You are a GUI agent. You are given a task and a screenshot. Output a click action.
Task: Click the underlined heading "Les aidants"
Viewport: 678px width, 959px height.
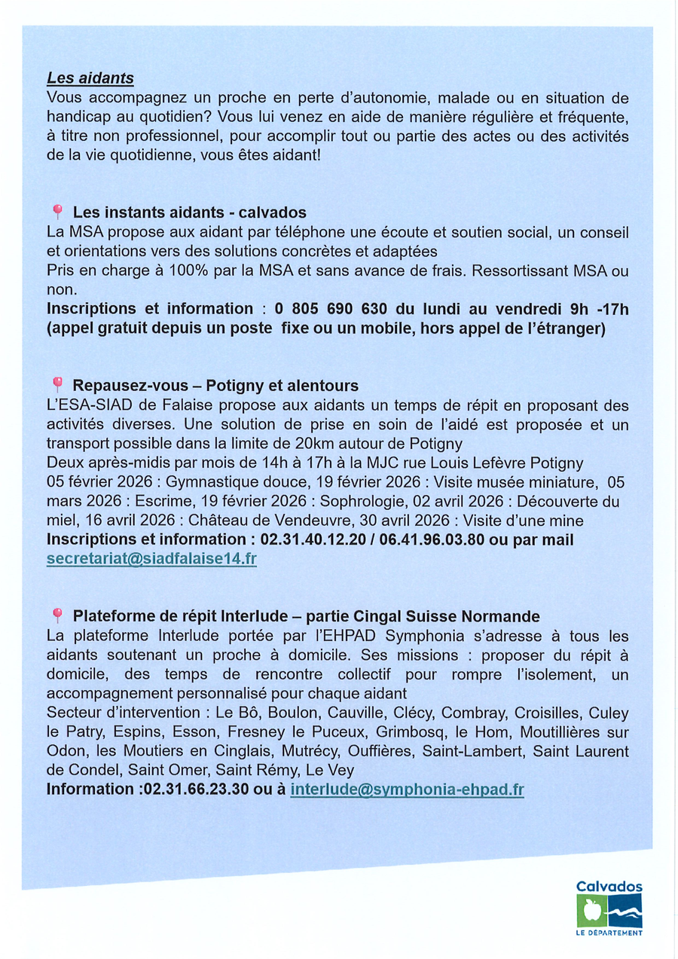click(x=90, y=78)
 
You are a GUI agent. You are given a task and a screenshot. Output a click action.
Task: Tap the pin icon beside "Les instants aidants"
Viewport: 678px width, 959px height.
click(x=57, y=212)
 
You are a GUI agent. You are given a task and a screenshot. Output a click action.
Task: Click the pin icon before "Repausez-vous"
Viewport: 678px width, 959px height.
click(x=57, y=385)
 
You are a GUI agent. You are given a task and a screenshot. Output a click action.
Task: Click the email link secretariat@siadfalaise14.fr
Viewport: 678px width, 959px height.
click(x=151, y=560)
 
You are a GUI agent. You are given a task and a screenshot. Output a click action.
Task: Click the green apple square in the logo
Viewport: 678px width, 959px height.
click(x=591, y=911)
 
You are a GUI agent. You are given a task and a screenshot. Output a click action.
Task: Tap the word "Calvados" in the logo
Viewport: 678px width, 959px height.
click(x=609, y=887)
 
